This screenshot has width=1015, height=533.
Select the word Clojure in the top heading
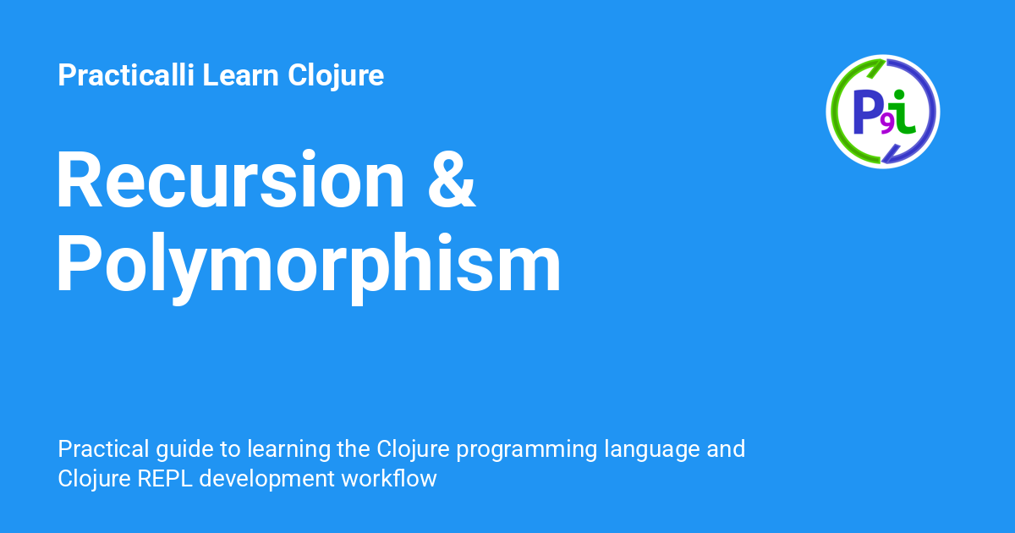point(336,76)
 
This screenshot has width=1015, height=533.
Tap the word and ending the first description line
point(726,448)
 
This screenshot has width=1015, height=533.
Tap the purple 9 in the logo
point(887,125)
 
